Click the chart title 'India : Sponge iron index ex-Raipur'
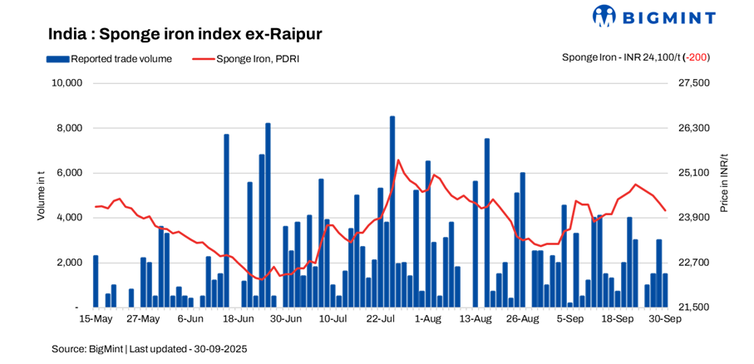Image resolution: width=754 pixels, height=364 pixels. pyautogui.click(x=185, y=34)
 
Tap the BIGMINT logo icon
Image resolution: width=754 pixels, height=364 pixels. pyautogui.click(x=604, y=16)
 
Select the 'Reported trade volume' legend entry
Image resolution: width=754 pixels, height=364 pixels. pyautogui.click(x=110, y=59)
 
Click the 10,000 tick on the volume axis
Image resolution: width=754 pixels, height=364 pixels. pyautogui.click(x=66, y=83)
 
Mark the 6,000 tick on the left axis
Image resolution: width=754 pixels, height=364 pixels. pyautogui.click(x=70, y=173)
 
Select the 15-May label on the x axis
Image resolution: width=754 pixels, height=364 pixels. pyautogui.click(x=96, y=318)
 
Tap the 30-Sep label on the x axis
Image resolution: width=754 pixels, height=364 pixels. pyautogui.click(x=665, y=318)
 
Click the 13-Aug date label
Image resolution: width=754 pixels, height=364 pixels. pyautogui.click(x=476, y=318)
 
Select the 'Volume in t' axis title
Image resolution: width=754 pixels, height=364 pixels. pyautogui.click(x=41, y=195)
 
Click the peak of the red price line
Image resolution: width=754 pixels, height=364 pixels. pyautogui.click(x=398, y=160)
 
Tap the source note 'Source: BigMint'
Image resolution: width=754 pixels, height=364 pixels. pyautogui.click(x=86, y=349)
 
